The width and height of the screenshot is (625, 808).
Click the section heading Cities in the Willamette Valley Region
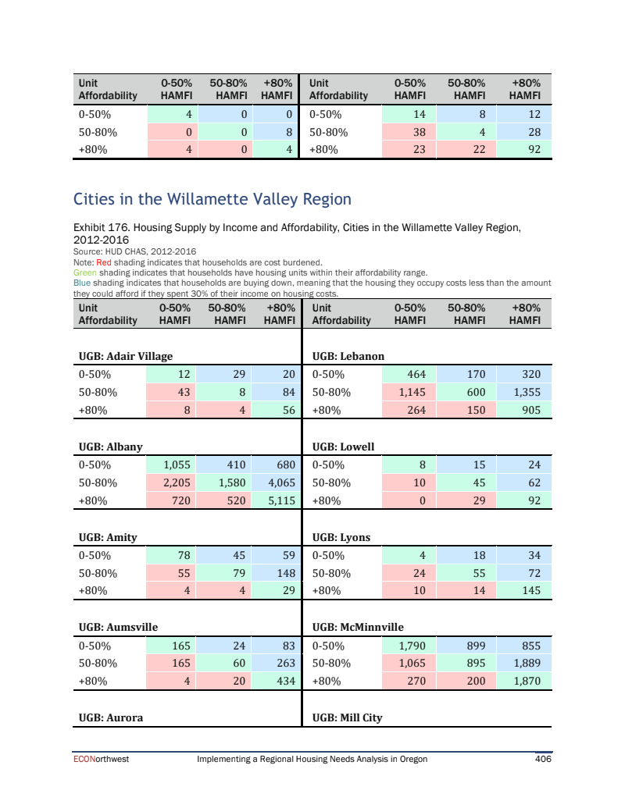(212, 200)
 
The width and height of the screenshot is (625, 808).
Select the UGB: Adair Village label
(126, 357)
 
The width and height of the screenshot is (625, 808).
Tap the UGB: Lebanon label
(348, 357)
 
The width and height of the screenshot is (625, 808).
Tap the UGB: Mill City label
(348, 717)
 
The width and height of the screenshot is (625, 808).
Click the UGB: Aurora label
(111, 717)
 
